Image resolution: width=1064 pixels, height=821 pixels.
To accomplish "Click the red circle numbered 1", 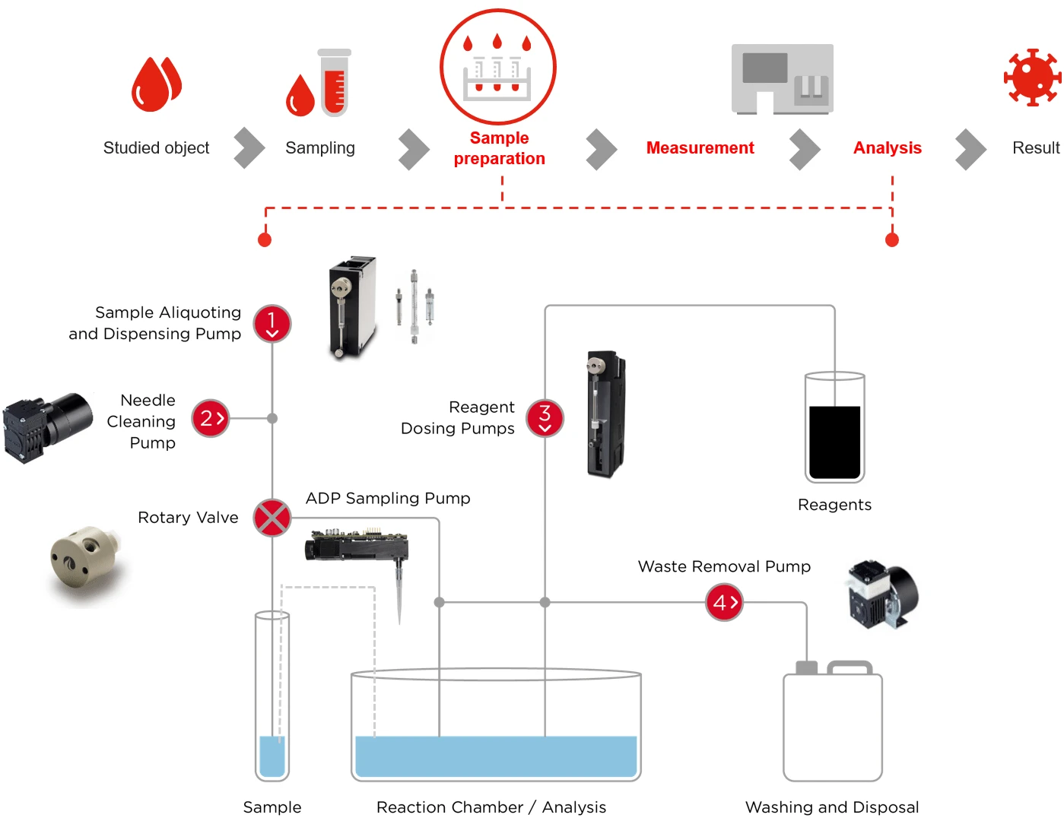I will (272, 324).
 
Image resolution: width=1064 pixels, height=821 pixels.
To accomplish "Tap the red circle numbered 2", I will (211, 418).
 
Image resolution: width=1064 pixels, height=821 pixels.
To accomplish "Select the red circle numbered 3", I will (545, 418).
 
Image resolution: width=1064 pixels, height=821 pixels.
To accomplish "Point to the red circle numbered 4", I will (724, 603).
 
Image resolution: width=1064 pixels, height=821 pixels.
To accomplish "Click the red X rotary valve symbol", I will (272, 518).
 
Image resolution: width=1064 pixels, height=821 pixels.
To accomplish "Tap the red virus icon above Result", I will (1031, 78).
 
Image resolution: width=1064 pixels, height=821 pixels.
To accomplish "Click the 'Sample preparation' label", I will (499, 148).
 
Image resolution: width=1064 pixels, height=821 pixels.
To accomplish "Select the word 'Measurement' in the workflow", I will (700, 148).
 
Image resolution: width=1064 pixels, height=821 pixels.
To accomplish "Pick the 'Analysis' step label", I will (887, 148).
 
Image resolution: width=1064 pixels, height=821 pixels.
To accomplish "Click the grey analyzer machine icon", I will (782, 79).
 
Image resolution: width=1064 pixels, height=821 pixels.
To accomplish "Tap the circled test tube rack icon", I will (498, 67).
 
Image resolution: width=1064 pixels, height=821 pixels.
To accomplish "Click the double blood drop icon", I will (157, 84).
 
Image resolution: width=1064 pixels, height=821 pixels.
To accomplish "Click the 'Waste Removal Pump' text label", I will (724, 566).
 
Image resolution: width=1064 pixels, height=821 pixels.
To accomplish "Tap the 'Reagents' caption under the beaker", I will (834, 505).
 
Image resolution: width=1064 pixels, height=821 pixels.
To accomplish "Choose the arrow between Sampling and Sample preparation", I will (413, 149).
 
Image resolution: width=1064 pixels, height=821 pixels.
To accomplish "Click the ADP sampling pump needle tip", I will (399, 620).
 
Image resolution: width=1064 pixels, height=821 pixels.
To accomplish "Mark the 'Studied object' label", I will (156, 148).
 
